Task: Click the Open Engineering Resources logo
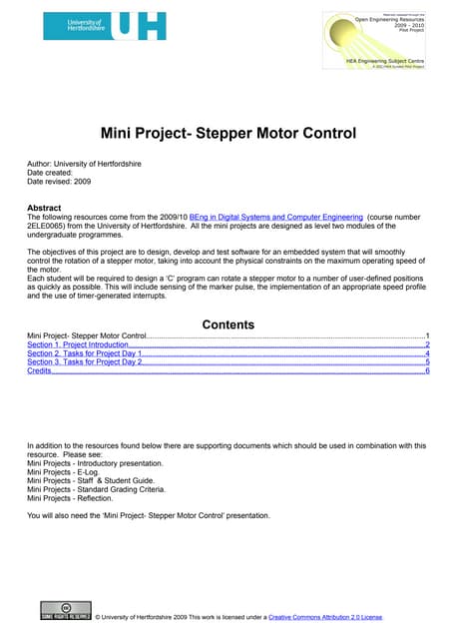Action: [x=378, y=40]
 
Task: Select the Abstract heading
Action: [x=43, y=208]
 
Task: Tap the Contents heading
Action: [x=228, y=324]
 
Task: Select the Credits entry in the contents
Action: [x=39, y=370]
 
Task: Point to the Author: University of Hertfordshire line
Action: [x=84, y=163]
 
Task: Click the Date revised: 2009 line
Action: [x=60, y=181]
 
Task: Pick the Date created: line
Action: [x=53, y=172]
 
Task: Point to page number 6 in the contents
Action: [x=427, y=370]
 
